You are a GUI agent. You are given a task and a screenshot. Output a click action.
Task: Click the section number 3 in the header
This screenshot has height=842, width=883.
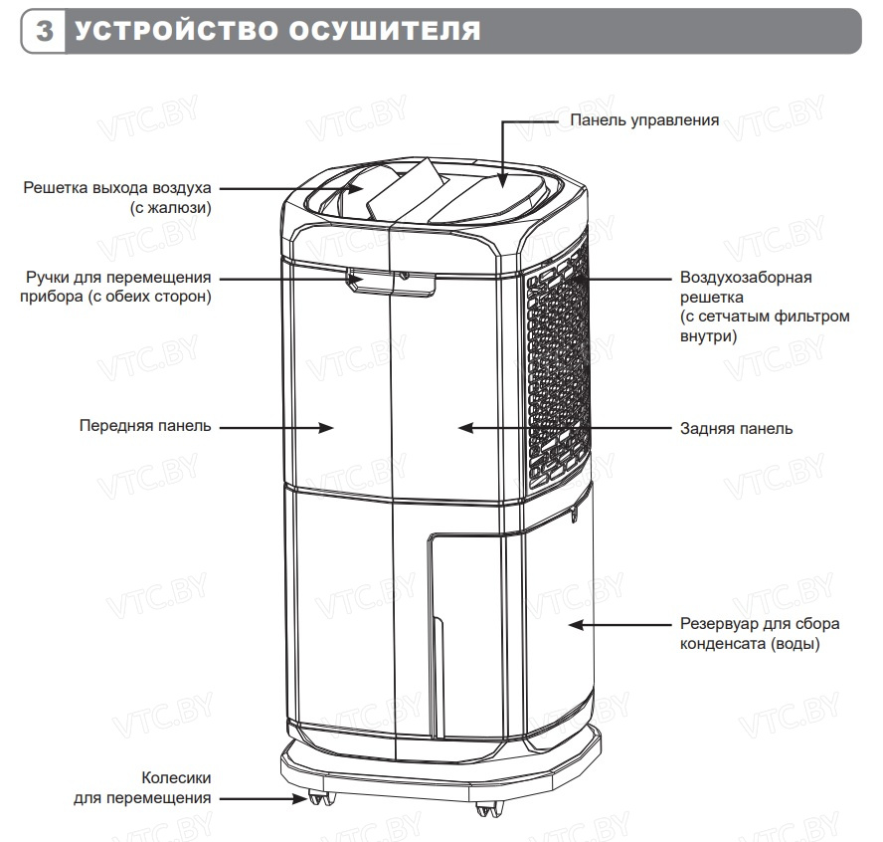tap(44, 31)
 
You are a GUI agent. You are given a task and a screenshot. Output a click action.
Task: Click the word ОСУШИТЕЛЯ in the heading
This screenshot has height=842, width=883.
tap(385, 31)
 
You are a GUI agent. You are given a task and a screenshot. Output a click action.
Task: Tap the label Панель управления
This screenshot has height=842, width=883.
tap(644, 120)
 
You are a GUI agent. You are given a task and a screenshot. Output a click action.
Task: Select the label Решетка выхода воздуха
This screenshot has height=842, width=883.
tap(117, 188)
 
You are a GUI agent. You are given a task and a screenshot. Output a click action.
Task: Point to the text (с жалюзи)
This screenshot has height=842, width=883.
tap(171, 208)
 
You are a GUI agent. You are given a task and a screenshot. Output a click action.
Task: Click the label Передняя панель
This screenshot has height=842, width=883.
tap(145, 426)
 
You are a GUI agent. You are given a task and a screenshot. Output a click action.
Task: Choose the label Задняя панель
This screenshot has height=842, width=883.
tap(736, 428)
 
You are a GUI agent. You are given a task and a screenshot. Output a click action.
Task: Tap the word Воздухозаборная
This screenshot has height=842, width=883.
tap(746, 278)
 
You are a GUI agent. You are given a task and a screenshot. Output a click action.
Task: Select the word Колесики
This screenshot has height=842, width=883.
tap(176, 777)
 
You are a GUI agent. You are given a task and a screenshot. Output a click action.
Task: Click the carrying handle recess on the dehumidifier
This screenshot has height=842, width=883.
tap(392, 282)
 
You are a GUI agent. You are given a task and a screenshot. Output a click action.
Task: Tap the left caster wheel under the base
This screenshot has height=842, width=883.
tap(321, 798)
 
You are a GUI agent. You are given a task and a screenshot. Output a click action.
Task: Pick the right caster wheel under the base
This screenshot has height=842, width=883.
tap(488, 809)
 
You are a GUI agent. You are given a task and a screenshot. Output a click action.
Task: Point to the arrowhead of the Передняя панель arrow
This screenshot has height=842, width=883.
tap(325, 428)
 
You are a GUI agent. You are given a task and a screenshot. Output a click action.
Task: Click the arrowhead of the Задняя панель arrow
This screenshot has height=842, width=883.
tap(466, 428)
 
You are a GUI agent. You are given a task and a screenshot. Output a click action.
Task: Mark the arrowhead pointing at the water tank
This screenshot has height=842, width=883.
tap(577, 624)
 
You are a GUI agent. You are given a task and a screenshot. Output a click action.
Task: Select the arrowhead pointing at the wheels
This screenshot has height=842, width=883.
tap(299, 799)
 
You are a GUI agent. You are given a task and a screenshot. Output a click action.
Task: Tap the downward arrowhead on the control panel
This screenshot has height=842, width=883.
tap(502, 180)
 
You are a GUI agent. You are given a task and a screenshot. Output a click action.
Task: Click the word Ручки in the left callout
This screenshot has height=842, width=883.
tap(48, 278)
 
